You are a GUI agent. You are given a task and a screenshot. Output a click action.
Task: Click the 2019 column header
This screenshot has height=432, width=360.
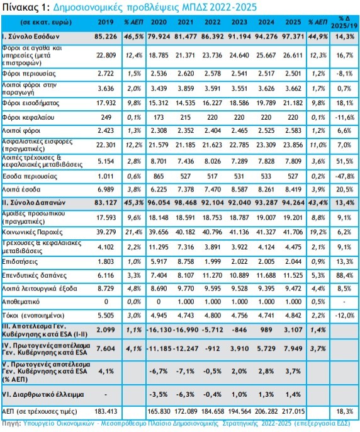(x=106, y=22)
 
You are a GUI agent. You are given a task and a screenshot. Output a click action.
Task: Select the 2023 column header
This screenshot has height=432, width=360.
(x=239, y=22)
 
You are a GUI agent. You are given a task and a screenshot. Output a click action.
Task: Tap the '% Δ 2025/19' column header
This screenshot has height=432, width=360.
(x=344, y=22)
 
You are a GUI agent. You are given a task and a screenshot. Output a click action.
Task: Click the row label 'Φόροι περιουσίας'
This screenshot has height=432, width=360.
(x=29, y=74)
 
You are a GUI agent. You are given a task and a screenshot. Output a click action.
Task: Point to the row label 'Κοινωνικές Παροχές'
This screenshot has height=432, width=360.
(x=32, y=232)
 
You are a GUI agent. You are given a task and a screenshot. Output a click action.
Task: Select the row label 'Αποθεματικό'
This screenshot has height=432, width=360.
(x=21, y=302)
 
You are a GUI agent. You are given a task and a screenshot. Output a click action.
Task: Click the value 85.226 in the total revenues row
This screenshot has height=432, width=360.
(x=106, y=37)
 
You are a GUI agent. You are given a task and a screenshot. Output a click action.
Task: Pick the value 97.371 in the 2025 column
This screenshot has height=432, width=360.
(x=293, y=37)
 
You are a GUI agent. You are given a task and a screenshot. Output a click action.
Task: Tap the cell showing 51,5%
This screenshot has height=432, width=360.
(x=344, y=161)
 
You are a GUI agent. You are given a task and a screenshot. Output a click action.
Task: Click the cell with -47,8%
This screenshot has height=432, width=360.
(x=344, y=176)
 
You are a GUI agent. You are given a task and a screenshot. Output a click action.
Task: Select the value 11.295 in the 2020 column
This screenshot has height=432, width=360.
(x=159, y=247)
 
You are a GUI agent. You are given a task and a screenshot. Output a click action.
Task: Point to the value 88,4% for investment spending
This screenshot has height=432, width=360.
(x=344, y=275)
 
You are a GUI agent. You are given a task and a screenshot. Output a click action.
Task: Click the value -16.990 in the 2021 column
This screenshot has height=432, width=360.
(x=186, y=330)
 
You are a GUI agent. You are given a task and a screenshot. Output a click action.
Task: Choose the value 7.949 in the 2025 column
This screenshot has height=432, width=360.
(x=293, y=348)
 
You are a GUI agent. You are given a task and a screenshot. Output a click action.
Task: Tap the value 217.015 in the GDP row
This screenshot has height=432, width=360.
(x=293, y=412)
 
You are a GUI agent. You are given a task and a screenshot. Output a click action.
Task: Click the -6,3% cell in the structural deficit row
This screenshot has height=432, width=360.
(x=186, y=394)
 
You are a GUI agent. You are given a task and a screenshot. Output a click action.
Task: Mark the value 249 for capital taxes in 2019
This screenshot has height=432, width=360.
(x=106, y=117)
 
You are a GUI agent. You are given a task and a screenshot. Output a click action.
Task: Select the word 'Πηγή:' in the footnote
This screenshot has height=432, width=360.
(x=11, y=423)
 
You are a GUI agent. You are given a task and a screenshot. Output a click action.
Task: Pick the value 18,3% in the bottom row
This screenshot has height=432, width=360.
(x=344, y=412)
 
